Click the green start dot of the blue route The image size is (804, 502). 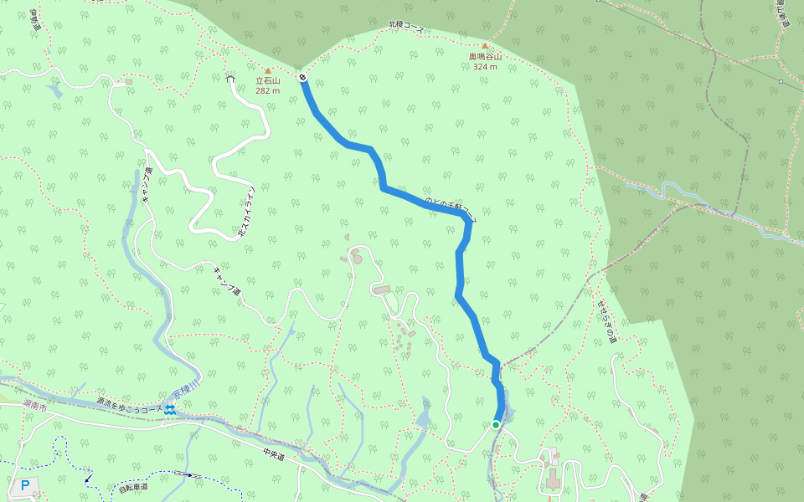click(x=496, y=425)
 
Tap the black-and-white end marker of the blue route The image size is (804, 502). click(x=302, y=77)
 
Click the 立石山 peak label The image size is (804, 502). click(x=267, y=81)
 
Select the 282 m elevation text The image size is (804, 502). click(x=267, y=90)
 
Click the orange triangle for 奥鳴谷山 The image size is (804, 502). click(x=485, y=46)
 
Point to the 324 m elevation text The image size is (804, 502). click(x=485, y=66)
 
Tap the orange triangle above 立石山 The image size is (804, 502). click(x=267, y=70)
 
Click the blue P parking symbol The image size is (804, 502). click(x=24, y=485)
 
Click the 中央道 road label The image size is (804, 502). click(x=274, y=455)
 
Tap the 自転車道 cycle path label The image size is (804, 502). click(x=133, y=486)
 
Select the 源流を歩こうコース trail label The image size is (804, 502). click(x=127, y=406)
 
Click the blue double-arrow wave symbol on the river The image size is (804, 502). click(x=170, y=408)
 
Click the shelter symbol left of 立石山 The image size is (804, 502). click(x=230, y=78)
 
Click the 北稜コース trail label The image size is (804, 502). click(x=407, y=28)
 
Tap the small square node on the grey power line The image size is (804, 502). click(x=781, y=81)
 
